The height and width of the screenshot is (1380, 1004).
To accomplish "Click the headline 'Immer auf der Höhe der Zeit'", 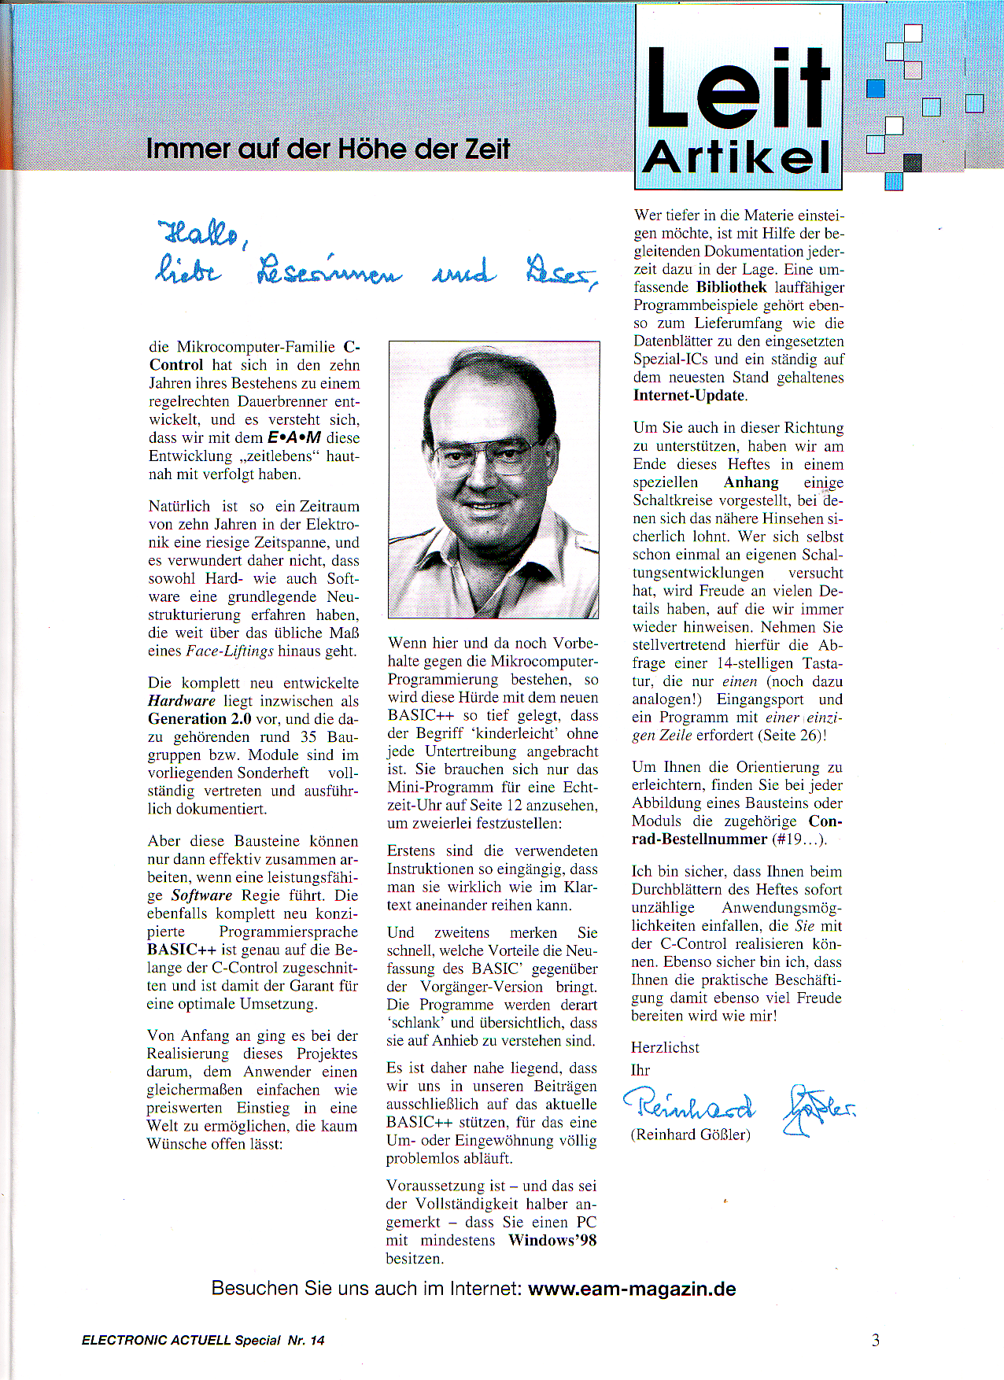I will (328, 148).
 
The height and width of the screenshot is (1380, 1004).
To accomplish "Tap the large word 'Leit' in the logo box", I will (738, 88).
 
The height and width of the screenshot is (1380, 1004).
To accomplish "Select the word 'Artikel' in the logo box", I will (737, 157).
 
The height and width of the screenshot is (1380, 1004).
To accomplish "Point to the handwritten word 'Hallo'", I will (201, 232).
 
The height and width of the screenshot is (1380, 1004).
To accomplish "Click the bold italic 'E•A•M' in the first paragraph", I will (294, 438).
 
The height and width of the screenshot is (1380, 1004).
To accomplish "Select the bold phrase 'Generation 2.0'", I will (200, 719).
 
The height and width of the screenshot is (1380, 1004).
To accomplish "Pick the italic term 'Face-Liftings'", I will (230, 651).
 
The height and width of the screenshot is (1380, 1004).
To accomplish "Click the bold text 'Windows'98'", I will (552, 1241).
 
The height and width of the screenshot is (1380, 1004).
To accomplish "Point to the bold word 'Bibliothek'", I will (731, 287).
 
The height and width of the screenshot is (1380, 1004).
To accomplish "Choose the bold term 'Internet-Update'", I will (688, 396).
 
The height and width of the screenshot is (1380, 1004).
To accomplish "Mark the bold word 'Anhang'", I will (751, 482).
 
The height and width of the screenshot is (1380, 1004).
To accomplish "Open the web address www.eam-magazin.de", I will (632, 1290).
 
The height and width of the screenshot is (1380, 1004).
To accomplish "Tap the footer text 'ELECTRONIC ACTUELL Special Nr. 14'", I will (203, 1341).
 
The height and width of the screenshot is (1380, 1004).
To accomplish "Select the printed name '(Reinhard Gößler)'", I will (690, 1135).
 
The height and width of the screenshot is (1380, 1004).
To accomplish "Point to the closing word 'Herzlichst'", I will (665, 1048).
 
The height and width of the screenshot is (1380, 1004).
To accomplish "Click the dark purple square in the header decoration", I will (913, 163).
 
